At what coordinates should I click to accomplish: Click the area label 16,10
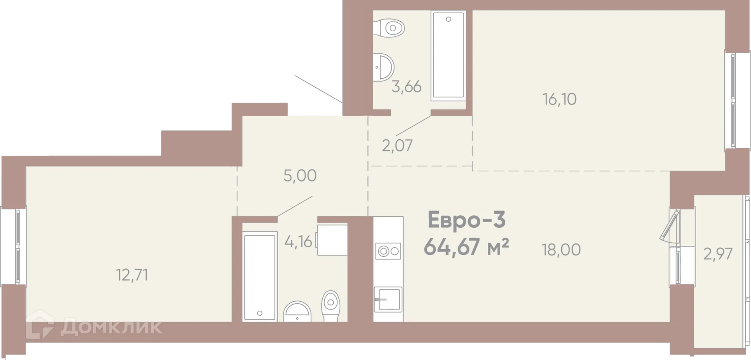click(559, 99)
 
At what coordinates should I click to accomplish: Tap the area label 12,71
click(132, 275)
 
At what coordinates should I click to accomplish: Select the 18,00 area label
click(561, 249)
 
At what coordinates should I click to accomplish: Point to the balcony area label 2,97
click(718, 254)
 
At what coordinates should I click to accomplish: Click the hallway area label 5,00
click(300, 176)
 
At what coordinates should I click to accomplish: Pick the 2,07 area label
click(397, 146)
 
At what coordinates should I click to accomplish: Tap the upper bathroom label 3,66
click(406, 86)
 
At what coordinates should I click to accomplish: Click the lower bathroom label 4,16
click(298, 241)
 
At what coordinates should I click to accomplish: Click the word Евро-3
click(467, 220)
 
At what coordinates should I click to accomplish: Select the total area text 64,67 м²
click(466, 247)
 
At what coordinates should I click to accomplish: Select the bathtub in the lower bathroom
click(259, 276)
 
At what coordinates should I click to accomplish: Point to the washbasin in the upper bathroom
click(384, 67)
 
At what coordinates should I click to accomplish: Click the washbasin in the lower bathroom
click(297, 311)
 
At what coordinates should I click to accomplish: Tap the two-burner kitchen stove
click(388, 251)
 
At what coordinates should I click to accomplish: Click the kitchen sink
click(388, 299)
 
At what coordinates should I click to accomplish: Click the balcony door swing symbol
click(670, 225)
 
